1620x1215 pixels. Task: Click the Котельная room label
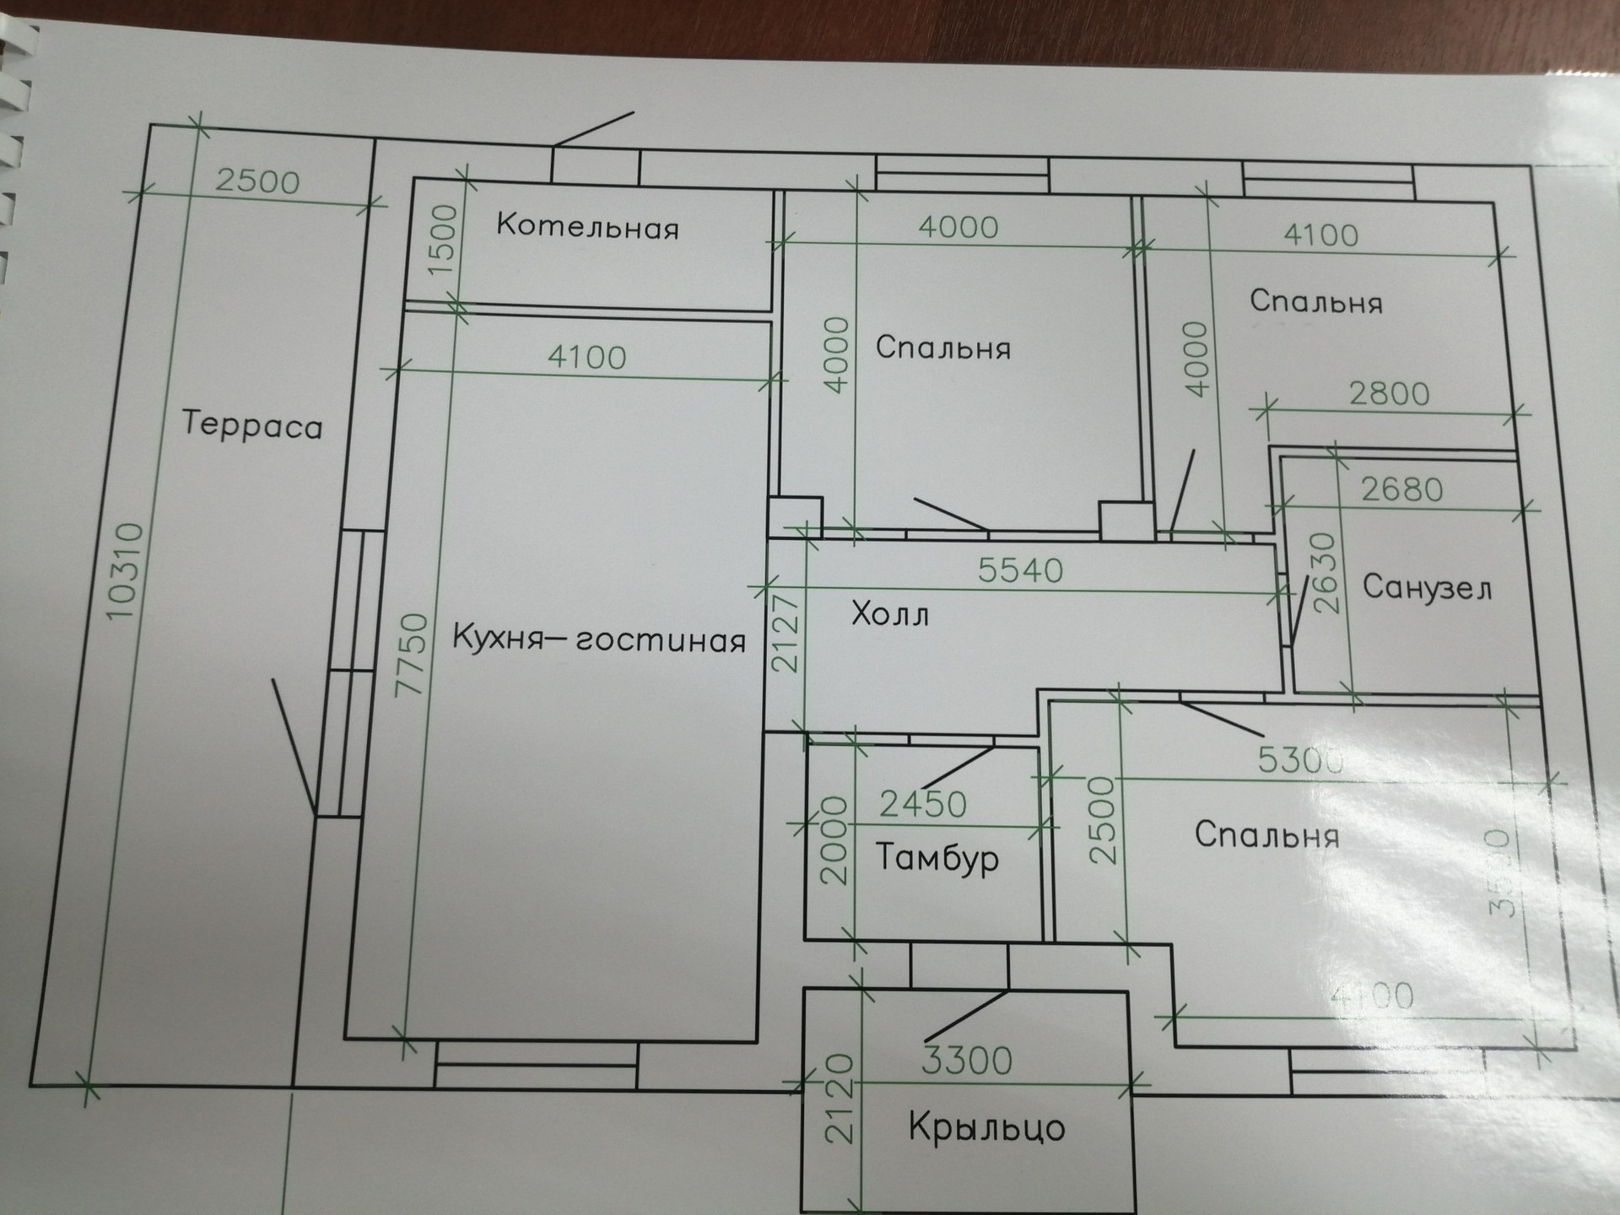pos(587,227)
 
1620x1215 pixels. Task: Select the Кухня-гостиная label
pos(599,639)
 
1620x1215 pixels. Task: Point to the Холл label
pos(890,613)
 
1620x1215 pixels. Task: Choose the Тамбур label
pos(937,858)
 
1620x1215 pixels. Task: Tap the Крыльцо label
pos(986,1127)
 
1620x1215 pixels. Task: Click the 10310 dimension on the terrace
pos(124,572)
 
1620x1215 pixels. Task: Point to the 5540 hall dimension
pos(1020,571)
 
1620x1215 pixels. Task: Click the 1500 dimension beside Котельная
pos(443,240)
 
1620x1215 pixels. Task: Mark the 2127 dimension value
pos(786,633)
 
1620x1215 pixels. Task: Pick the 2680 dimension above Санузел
pos(1402,489)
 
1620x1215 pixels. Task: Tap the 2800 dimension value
pos(1389,394)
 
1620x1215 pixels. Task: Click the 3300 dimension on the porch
pos(966,1061)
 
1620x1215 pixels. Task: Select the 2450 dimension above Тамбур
pos(923,805)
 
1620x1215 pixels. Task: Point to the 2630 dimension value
pos(1326,573)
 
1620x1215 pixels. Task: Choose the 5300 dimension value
pos(1300,760)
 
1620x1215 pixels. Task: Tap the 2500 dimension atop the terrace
pos(257,181)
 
